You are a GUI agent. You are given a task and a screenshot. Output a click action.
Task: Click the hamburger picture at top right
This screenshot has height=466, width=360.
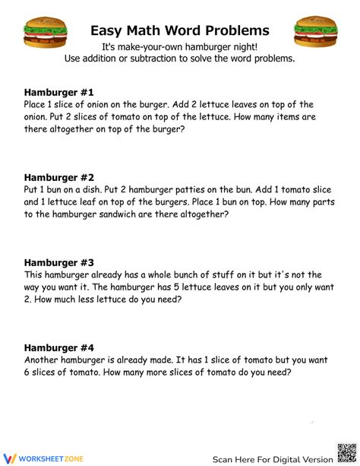point(316,32)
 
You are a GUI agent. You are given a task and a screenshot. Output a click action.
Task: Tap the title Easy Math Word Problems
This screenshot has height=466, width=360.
point(180,30)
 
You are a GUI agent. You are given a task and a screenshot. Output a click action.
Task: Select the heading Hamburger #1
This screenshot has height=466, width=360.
point(58,91)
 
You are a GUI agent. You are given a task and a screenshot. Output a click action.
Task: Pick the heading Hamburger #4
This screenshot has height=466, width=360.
point(58,347)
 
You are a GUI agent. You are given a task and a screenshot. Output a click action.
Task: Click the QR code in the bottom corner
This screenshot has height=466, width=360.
point(346,452)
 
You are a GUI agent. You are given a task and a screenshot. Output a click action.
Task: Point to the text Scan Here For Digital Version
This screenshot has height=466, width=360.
point(272,459)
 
